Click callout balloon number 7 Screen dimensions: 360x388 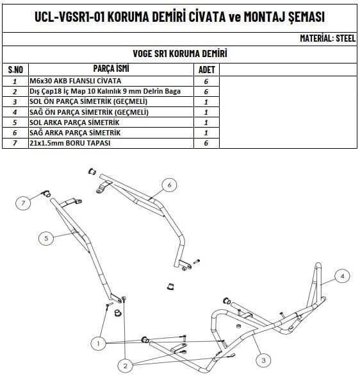[23, 203]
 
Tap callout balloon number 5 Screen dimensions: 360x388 [46, 238]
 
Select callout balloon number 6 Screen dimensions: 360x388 [169, 185]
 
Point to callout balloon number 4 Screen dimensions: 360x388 [342, 276]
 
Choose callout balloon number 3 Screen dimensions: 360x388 [263, 360]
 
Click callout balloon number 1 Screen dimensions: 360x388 [99, 343]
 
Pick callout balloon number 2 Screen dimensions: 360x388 [126, 366]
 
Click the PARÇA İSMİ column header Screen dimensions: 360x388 [111, 69]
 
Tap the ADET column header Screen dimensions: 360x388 [206, 70]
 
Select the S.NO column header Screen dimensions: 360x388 [15, 70]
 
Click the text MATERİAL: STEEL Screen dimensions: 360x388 [327, 38]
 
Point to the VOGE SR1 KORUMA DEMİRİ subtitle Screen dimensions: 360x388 [180, 54]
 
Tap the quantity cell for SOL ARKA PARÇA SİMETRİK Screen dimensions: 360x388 [206, 122]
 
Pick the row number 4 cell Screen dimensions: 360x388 [15, 112]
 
